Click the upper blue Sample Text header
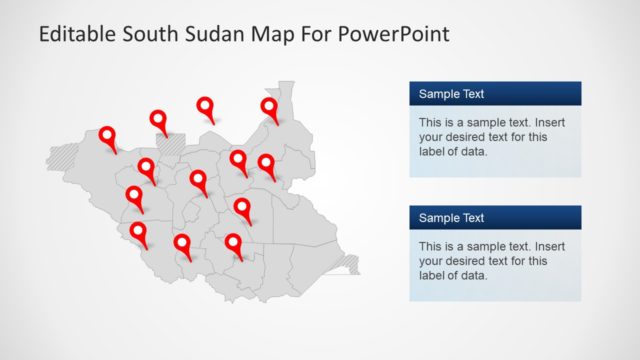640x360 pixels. pyautogui.click(x=495, y=94)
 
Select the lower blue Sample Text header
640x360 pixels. pyautogui.click(x=495, y=218)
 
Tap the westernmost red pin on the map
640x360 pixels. pyautogui.click(x=107, y=135)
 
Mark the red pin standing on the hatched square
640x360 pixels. pyautogui.click(x=159, y=120)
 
